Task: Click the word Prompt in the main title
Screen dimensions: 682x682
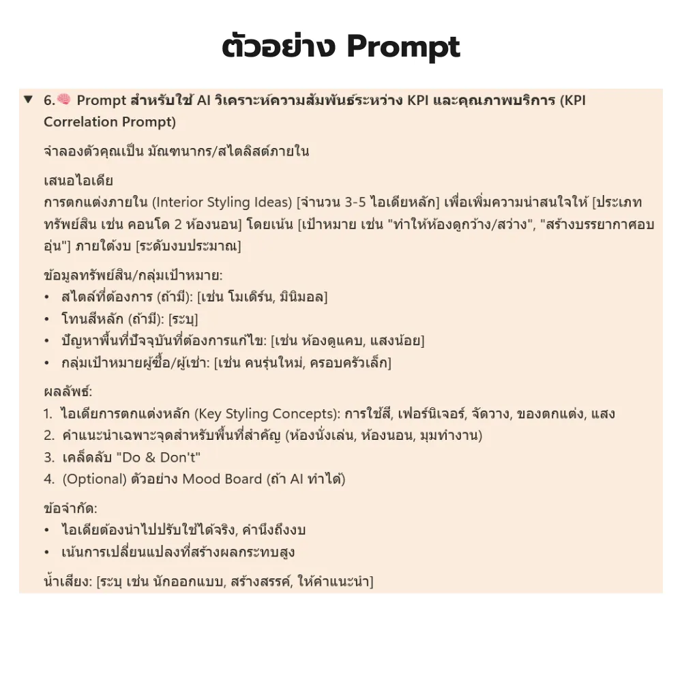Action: pos(403,46)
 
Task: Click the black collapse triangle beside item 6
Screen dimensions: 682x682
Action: pos(28,100)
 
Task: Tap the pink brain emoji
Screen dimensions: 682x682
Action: pos(64,100)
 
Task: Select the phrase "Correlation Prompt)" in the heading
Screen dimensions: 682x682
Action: pos(110,122)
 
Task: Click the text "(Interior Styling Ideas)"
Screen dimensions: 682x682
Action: pos(222,203)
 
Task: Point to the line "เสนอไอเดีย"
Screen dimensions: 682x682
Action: pos(78,181)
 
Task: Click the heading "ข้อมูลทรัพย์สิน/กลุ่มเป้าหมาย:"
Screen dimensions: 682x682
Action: pos(133,276)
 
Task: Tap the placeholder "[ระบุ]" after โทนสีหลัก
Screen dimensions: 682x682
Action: pos(183,318)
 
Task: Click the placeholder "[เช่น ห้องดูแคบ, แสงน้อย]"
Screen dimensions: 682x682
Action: pos(347,340)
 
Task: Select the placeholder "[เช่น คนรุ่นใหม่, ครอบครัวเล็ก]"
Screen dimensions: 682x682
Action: pos(302,362)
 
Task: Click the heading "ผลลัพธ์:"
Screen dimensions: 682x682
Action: pos(68,392)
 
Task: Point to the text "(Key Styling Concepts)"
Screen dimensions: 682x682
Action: pos(267,414)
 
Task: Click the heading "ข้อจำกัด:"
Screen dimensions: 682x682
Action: pos(70,509)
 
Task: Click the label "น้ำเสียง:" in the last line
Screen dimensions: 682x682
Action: pos(67,582)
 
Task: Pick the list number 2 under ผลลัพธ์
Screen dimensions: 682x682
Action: pos(48,436)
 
